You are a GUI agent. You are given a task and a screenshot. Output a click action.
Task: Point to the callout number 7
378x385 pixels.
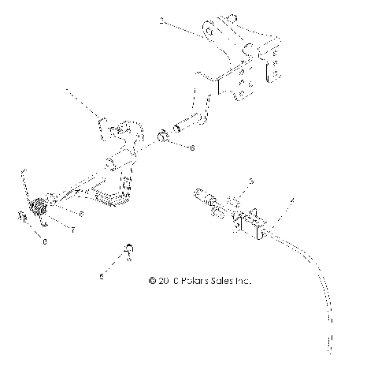coord(72,230)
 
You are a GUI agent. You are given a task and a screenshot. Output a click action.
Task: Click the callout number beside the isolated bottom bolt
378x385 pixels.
coord(101,275)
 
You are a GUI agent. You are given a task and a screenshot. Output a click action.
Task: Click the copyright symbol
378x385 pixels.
coord(151,280)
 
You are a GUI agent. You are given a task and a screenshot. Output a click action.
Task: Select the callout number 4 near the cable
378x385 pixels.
coord(293,203)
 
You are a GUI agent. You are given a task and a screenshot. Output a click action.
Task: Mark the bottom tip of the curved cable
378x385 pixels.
coord(328,348)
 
